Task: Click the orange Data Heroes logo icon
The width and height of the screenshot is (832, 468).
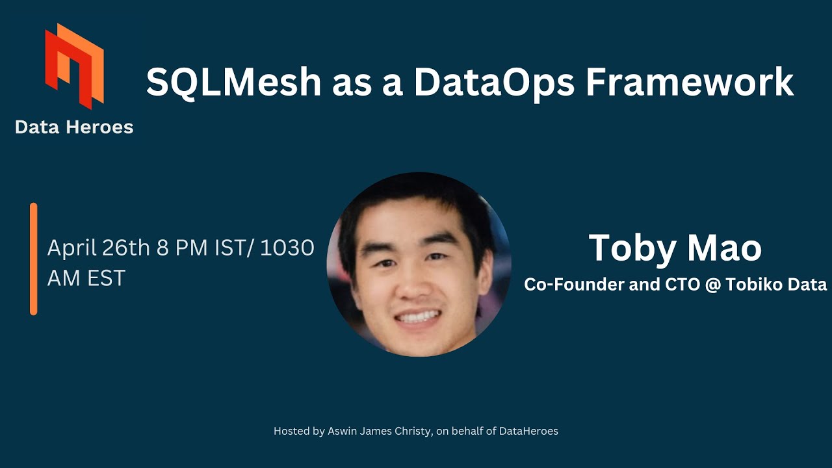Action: coord(74,65)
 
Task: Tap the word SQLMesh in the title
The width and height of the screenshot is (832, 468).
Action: coord(233,83)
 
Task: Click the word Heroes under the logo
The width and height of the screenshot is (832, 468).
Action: coord(101,127)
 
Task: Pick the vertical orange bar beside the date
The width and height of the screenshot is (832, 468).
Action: coord(34,259)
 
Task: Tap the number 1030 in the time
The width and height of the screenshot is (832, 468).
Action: coord(287,248)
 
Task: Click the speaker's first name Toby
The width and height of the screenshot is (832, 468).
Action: coord(630,248)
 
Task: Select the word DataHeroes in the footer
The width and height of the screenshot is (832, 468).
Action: coord(528,431)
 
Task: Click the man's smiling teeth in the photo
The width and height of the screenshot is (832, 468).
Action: coord(418,317)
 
